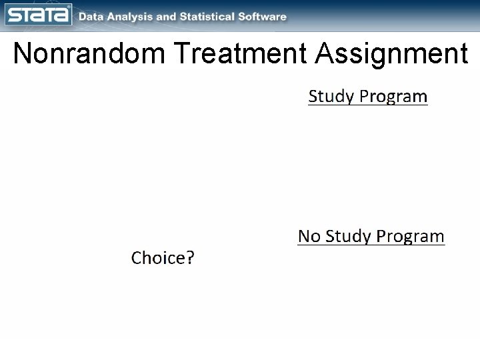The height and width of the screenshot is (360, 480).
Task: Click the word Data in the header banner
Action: tap(92, 17)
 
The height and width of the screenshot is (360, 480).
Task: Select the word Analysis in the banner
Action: tap(131, 17)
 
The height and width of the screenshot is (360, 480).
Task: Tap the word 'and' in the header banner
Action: tap(170, 17)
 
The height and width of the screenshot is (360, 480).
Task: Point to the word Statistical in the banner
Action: tap(212, 17)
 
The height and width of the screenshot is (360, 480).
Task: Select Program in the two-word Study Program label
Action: tap(393, 97)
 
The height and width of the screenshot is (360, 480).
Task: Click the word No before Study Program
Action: tap(308, 236)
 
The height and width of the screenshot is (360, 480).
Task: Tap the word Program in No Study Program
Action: tap(410, 236)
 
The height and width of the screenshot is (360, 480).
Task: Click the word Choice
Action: tap(159, 258)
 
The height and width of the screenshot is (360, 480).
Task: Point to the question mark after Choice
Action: tap(191, 258)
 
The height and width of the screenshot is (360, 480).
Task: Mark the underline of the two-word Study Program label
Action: tap(367, 107)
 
